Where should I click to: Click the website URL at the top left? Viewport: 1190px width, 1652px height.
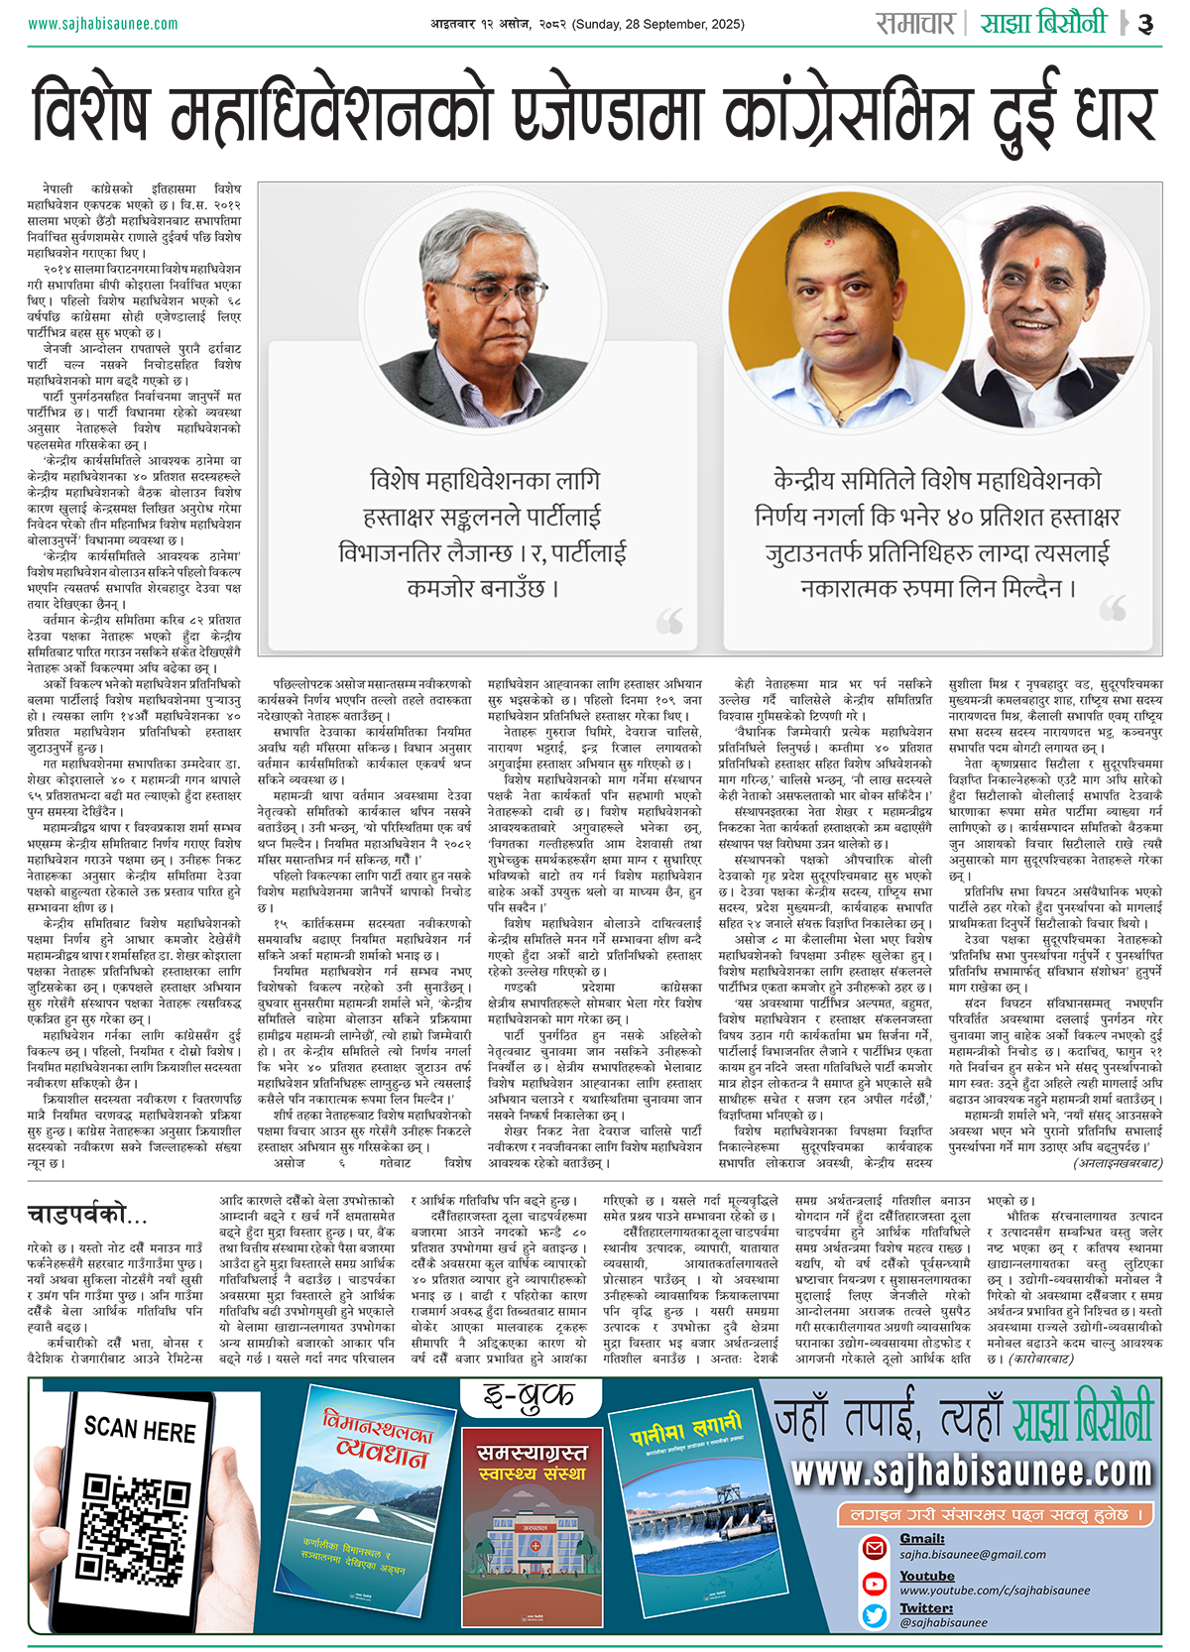coord(102,23)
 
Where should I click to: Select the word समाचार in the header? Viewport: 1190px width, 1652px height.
coord(914,23)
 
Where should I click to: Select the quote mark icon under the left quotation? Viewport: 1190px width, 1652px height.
coord(669,621)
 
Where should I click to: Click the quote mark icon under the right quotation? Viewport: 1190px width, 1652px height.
coord(1113,607)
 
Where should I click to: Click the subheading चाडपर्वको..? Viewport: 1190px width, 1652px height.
coord(86,1215)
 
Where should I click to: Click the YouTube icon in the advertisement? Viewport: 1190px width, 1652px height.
coord(875,1583)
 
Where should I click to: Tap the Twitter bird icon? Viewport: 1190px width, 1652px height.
coord(875,1615)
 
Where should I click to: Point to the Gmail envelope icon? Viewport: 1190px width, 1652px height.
coord(875,1547)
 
